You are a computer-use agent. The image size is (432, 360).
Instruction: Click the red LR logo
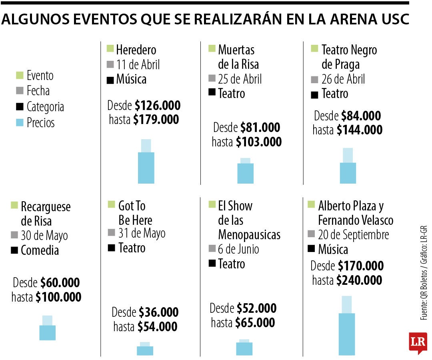coord(418,342)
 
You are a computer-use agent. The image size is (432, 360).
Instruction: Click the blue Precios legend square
coord(20,122)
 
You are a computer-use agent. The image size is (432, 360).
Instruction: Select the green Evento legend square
coord(20,75)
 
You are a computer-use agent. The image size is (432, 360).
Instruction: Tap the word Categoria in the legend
coord(45,107)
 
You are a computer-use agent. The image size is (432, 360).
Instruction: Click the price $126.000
coord(158,106)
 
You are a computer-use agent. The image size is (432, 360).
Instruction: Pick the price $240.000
coord(359,280)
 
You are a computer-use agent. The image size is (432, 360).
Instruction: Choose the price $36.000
coord(158,312)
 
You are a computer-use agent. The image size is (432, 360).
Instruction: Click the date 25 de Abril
coord(240,79)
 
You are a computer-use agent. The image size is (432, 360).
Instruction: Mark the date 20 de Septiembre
coord(354,235)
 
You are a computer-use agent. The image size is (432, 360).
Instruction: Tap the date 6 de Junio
coord(238,249)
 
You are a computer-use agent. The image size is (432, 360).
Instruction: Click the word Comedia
coord(40,251)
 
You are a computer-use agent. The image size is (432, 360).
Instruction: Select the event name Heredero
coord(136,50)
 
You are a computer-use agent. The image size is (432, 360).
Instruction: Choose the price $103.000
coord(258,142)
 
